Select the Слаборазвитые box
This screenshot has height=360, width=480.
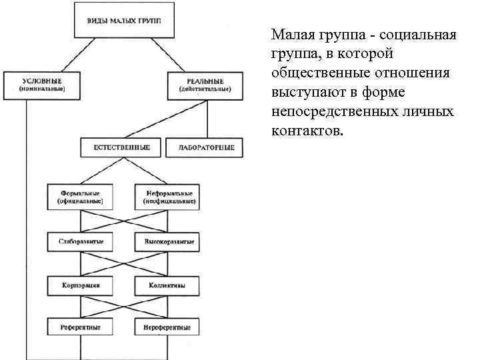click(x=80, y=240)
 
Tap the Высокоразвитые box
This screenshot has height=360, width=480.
click(x=167, y=240)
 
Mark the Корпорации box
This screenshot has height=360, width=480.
click(x=80, y=285)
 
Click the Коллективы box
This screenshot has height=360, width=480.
click(x=167, y=285)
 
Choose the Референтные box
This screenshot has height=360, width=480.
click(x=80, y=327)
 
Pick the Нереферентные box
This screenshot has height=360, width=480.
click(x=167, y=327)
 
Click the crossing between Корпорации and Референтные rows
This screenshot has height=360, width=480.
click(x=123, y=307)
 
